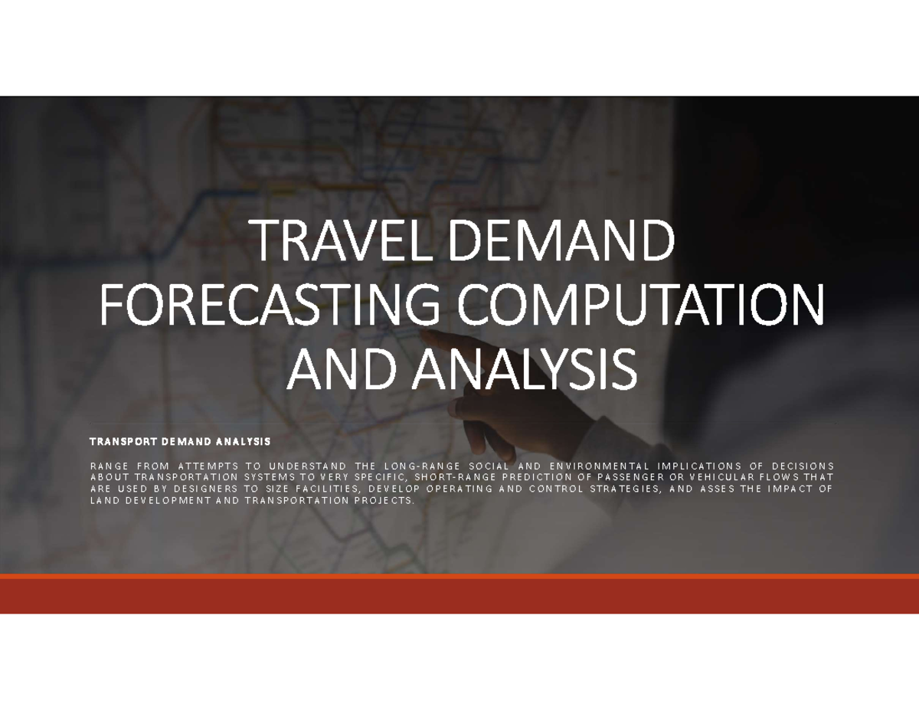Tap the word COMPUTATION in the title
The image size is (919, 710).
[641, 307]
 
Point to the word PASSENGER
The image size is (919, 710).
[633, 477]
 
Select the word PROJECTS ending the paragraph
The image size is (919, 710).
[387, 500]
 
